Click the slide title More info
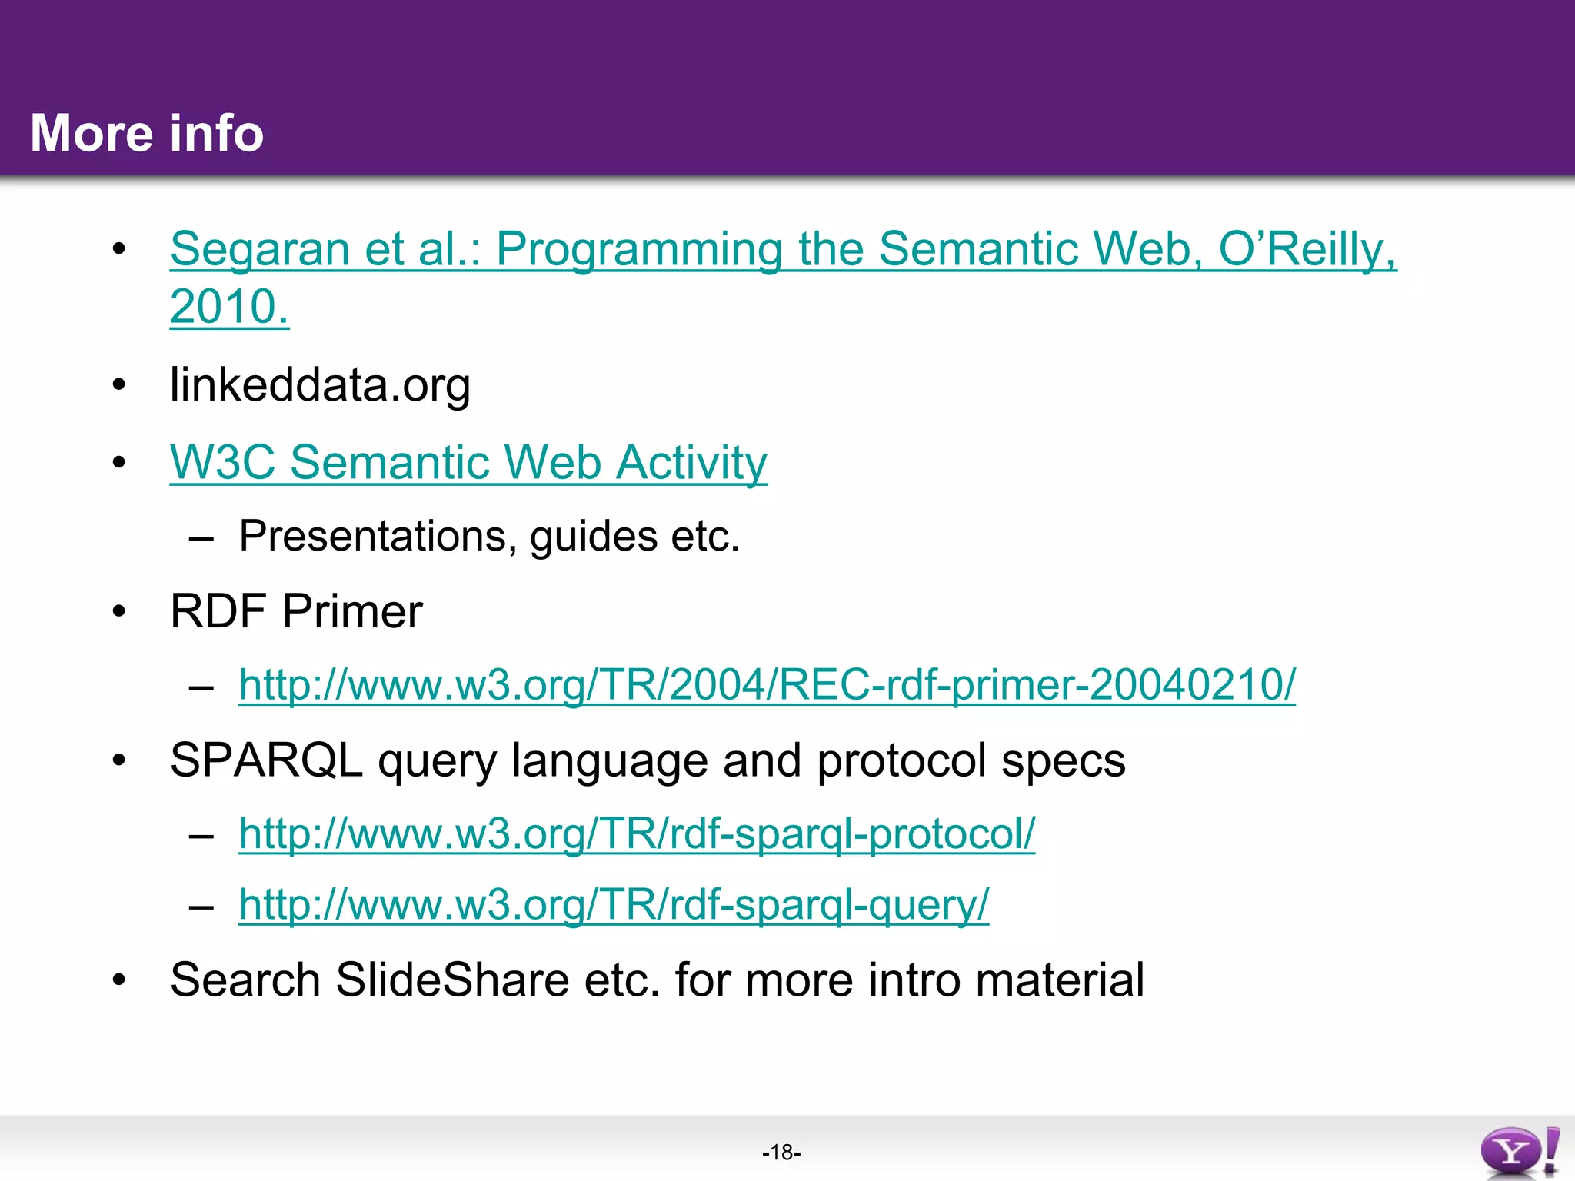click(x=147, y=133)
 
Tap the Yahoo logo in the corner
click(x=1519, y=1152)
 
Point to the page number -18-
click(x=781, y=1153)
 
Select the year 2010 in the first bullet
click(x=228, y=307)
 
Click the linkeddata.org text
click(x=320, y=384)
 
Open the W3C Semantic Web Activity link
click(x=468, y=463)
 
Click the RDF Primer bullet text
click(x=296, y=612)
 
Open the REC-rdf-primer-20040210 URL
click(x=767, y=684)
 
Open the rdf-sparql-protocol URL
click(x=637, y=833)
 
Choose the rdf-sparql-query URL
click(x=614, y=904)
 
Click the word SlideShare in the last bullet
click(x=452, y=980)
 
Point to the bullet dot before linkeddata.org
click(x=118, y=384)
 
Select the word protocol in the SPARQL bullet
click(x=901, y=760)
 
